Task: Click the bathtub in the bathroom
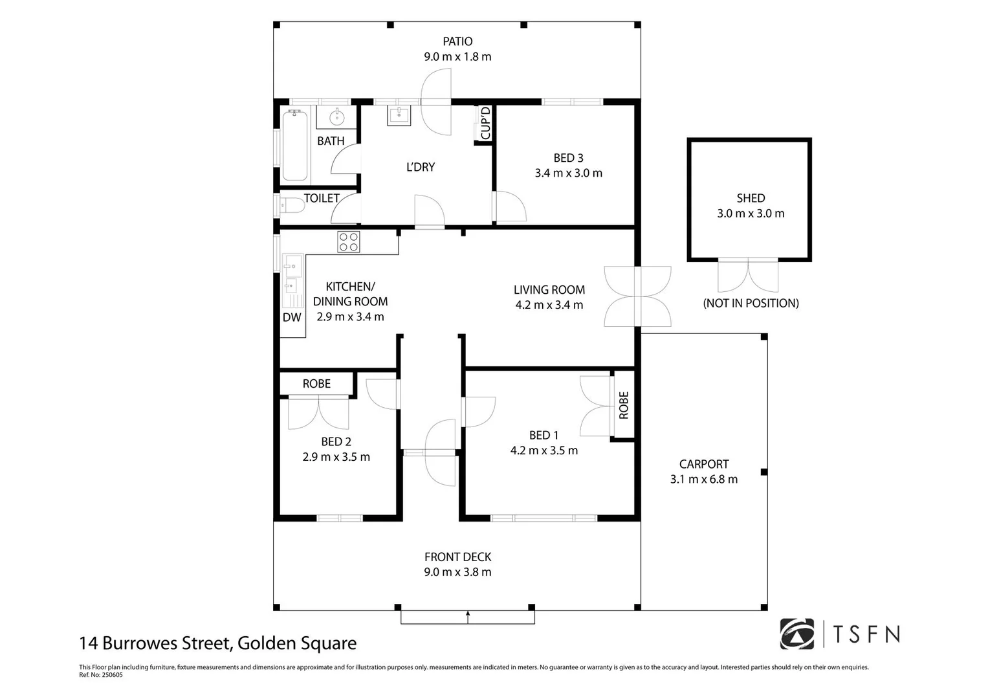click(x=294, y=145)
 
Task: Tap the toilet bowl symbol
click(x=292, y=205)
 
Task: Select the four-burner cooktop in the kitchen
click(x=349, y=242)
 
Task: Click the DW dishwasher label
click(x=292, y=317)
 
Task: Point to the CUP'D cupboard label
click(x=485, y=123)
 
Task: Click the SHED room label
click(x=751, y=198)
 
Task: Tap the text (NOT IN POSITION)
click(x=751, y=303)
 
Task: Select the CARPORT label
click(x=704, y=464)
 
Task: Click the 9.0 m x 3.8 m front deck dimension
click(x=457, y=572)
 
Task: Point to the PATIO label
click(x=457, y=41)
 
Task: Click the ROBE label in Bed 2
click(x=316, y=383)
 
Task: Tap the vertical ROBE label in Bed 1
click(x=623, y=405)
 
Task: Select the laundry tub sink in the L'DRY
click(x=399, y=115)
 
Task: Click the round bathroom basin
click(x=336, y=117)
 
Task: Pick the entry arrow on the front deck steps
click(x=468, y=617)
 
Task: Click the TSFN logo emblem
click(x=796, y=634)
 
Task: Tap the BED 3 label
click(x=568, y=158)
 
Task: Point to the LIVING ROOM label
click(x=549, y=290)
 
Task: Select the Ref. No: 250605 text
click(x=100, y=674)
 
